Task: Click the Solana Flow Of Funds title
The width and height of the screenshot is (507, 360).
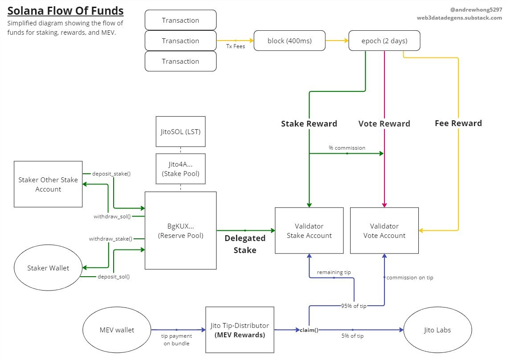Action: pos(65,11)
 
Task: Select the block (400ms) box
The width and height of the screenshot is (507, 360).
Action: pos(289,41)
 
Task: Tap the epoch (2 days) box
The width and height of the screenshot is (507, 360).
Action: pos(384,41)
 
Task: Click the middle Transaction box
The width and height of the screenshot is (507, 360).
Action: pos(180,41)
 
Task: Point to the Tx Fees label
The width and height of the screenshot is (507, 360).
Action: pos(235,46)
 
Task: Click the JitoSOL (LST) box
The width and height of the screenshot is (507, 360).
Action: pos(180,131)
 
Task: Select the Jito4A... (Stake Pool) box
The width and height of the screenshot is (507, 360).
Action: pos(180,169)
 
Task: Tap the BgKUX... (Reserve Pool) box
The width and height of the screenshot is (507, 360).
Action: pos(180,231)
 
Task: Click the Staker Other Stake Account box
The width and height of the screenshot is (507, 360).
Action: pos(48,184)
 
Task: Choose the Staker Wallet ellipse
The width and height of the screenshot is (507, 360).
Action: pos(48,268)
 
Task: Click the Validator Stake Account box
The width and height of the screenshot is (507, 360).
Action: pos(309,231)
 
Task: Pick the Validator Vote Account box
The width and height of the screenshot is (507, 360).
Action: pos(384,231)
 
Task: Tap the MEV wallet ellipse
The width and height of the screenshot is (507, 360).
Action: pos(117,330)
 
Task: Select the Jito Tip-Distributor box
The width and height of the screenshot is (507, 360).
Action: pos(240,330)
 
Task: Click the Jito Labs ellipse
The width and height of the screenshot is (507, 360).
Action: pos(437,330)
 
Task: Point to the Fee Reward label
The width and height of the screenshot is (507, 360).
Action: pos(458,123)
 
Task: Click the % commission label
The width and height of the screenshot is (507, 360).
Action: pos(347,147)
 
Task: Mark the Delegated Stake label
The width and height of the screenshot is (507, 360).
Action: pos(245,244)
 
